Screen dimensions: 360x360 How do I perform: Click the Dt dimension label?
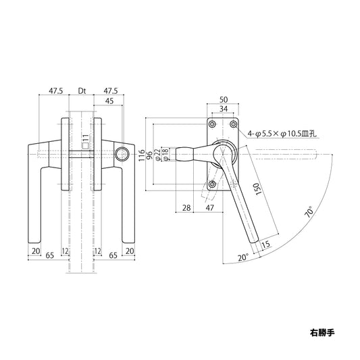click(82, 89)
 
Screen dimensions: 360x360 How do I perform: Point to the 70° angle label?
click(309, 211)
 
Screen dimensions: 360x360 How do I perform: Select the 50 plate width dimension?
click(223, 99)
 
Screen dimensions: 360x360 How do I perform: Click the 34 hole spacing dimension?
click(223, 109)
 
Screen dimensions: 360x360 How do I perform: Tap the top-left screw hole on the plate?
click(212, 124)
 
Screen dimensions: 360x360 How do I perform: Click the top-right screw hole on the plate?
click(233, 124)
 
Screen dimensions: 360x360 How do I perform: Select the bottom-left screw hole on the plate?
click(212, 184)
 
